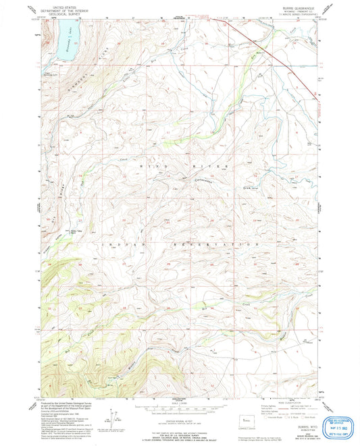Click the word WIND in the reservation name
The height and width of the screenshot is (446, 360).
pos(150,164)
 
